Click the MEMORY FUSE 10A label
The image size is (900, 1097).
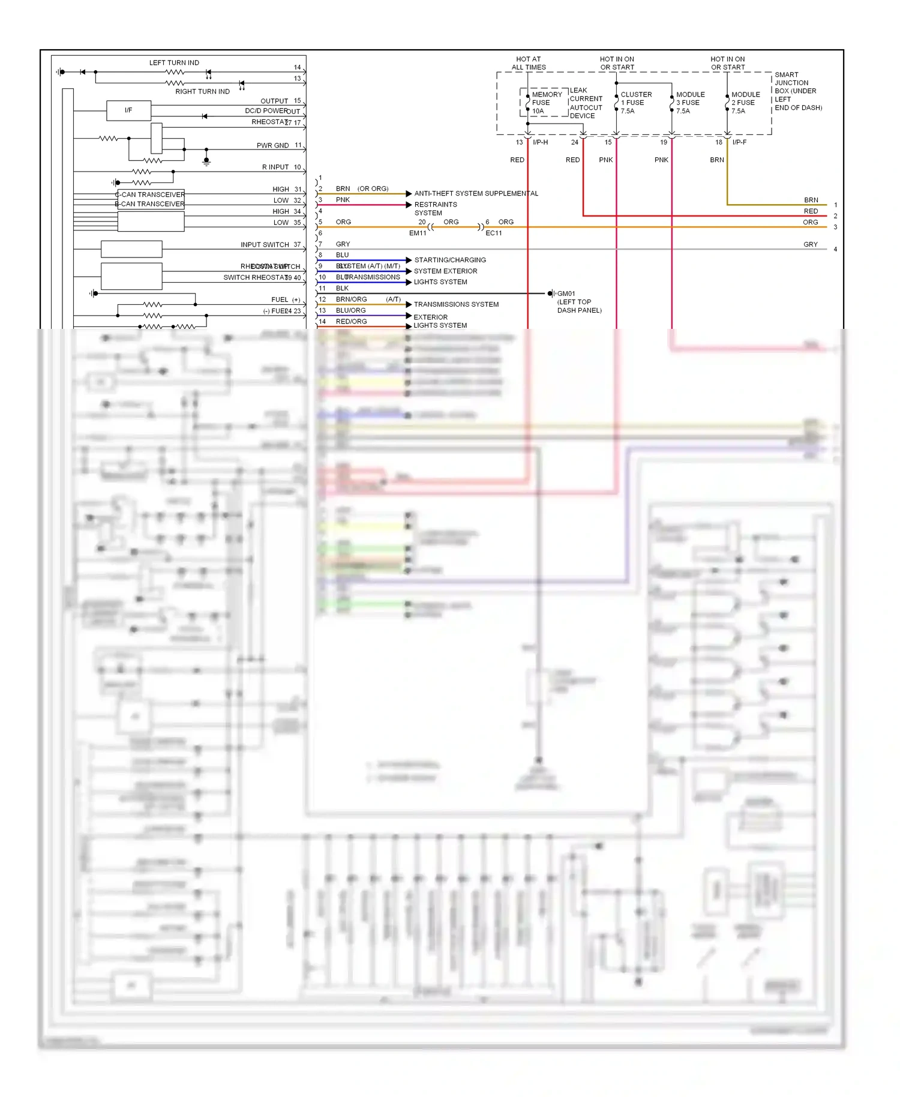(546, 103)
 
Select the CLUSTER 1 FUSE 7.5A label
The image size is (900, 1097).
(635, 103)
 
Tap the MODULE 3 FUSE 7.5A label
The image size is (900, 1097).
(690, 103)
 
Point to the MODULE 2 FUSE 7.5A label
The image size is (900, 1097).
(745, 103)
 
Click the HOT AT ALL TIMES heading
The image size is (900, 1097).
(528, 63)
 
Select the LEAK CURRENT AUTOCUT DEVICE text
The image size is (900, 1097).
(586, 103)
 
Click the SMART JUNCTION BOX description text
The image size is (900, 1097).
(797, 91)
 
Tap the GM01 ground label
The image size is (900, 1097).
(566, 294)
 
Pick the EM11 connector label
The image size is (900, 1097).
(418, 233)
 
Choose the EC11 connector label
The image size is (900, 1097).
(493, 233)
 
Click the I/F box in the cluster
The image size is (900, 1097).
(128, 110)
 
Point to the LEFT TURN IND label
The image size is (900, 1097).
(174, 62)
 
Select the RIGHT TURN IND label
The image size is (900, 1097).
(202, 92)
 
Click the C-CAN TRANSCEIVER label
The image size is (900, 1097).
(150, 194)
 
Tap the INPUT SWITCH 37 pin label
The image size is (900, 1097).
(270, 245)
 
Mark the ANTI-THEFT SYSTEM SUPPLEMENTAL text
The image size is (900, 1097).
(476, 193)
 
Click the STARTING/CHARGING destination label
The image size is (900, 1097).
(450, 260)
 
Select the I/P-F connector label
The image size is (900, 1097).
(739, 142)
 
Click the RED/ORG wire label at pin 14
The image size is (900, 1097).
(351, 322)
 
